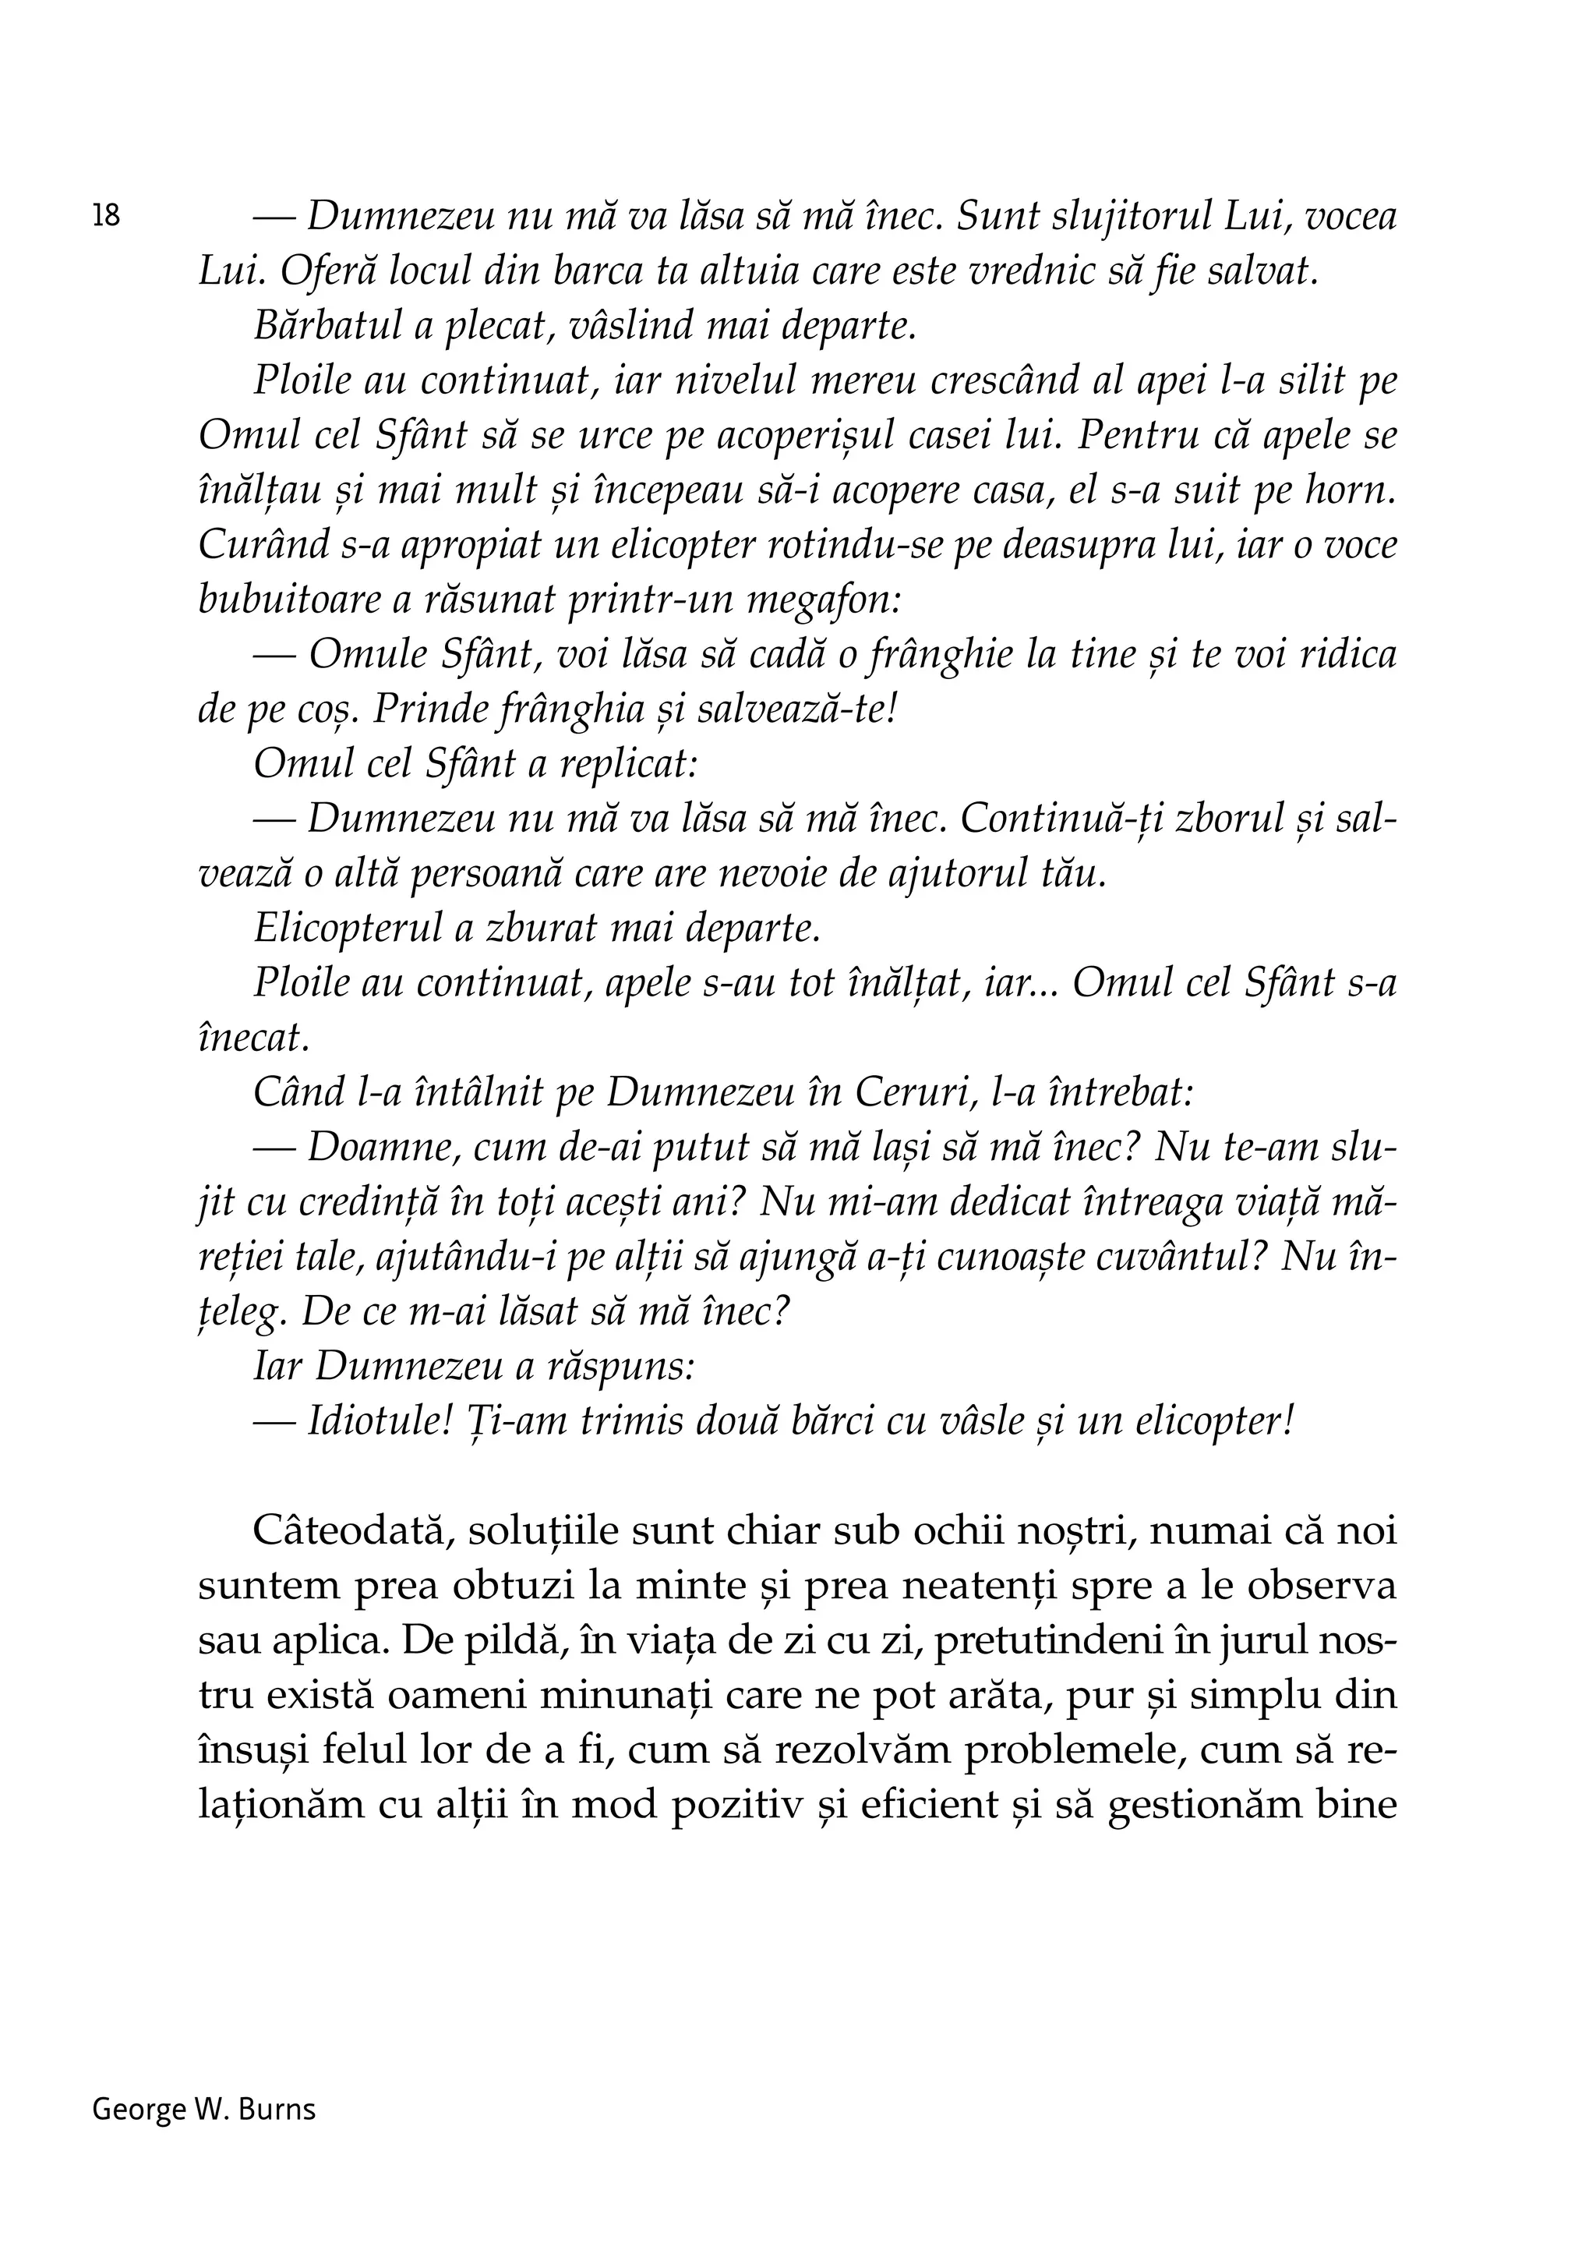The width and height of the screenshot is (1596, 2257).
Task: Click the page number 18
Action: tap(106, 215)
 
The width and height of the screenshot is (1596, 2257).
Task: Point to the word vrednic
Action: tap(1031, 272)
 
